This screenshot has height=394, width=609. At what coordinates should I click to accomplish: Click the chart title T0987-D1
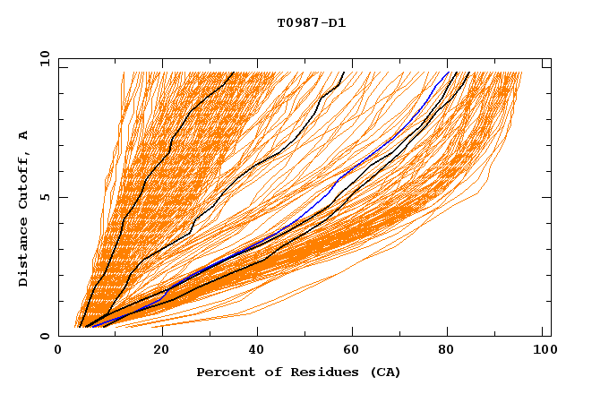[x=311, y=22]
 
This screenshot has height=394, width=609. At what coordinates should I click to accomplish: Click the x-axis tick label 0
[x=58, y=352]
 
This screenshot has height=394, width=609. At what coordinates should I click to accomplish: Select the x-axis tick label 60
[x=354, y=352]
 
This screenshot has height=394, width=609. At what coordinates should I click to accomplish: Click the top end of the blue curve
[x=449, y=72]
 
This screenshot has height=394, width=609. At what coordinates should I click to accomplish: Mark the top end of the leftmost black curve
[x=234, y=72]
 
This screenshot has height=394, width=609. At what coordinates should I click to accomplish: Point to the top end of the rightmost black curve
[x=468, y=72]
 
